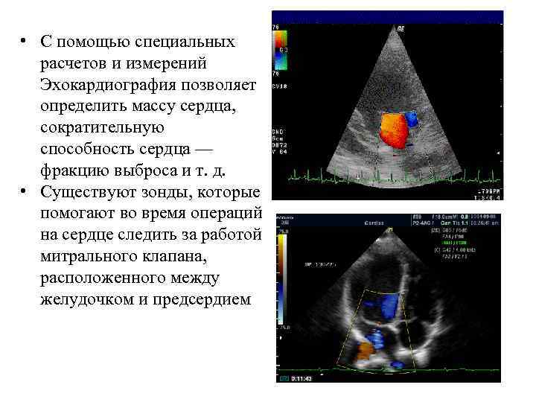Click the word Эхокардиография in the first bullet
(98, 86)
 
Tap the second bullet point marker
(25, 193)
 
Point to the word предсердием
(202, 301)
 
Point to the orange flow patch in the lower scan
(364, 349)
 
